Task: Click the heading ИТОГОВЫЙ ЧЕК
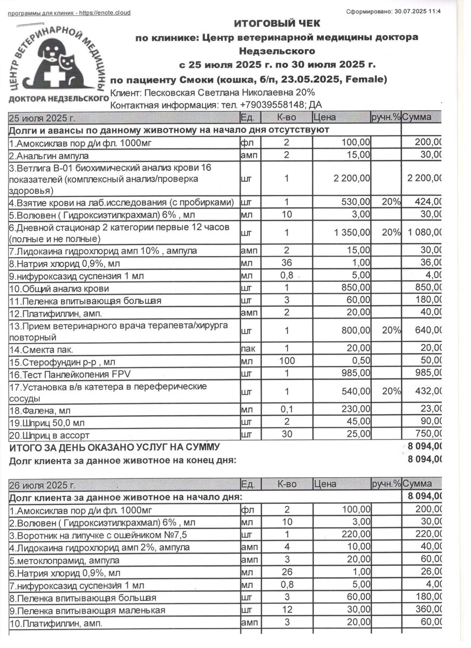[x=277, y=23]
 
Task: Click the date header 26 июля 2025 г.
[x=43, y=484]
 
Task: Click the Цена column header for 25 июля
[x=324, y=117]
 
